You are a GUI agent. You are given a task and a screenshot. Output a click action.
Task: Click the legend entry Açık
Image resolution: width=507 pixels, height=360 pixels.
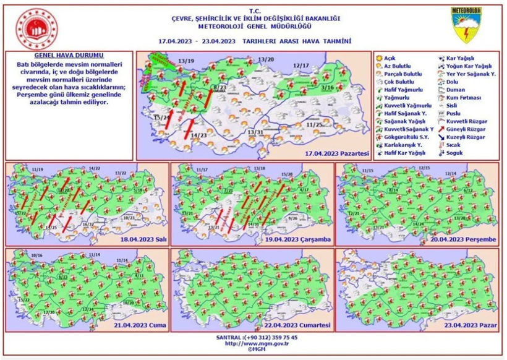click(390, 58)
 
